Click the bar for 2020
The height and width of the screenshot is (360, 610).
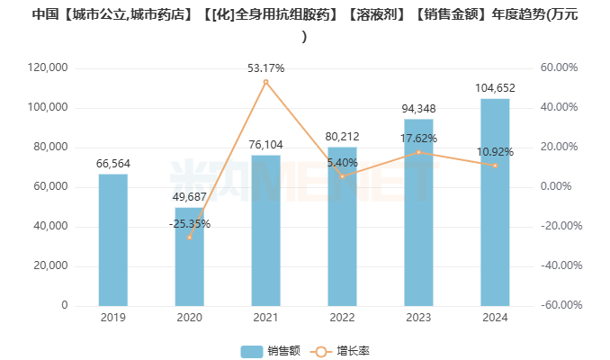pos(189,256)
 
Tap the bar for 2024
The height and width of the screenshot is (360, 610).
pos(495,202)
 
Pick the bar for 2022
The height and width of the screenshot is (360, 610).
pos(342,226)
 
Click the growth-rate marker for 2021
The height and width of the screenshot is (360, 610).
pos(265,82)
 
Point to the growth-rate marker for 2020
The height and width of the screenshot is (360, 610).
pos(189,237)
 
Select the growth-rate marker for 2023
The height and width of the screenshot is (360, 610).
pos(418,152)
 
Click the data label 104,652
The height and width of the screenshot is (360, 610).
pos(495,87)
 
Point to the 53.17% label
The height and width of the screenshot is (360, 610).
pos(265,67)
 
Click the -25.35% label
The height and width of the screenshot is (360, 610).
pos(189,223)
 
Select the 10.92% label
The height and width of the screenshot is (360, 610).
pos(495,151)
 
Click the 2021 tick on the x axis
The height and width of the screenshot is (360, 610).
pos(265,318)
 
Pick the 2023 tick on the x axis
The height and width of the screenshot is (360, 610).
pos(418,318)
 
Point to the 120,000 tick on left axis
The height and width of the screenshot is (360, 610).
pos(49,68)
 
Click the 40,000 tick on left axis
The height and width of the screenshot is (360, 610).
pos(52,227)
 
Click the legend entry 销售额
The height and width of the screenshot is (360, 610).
pos(265,351)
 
